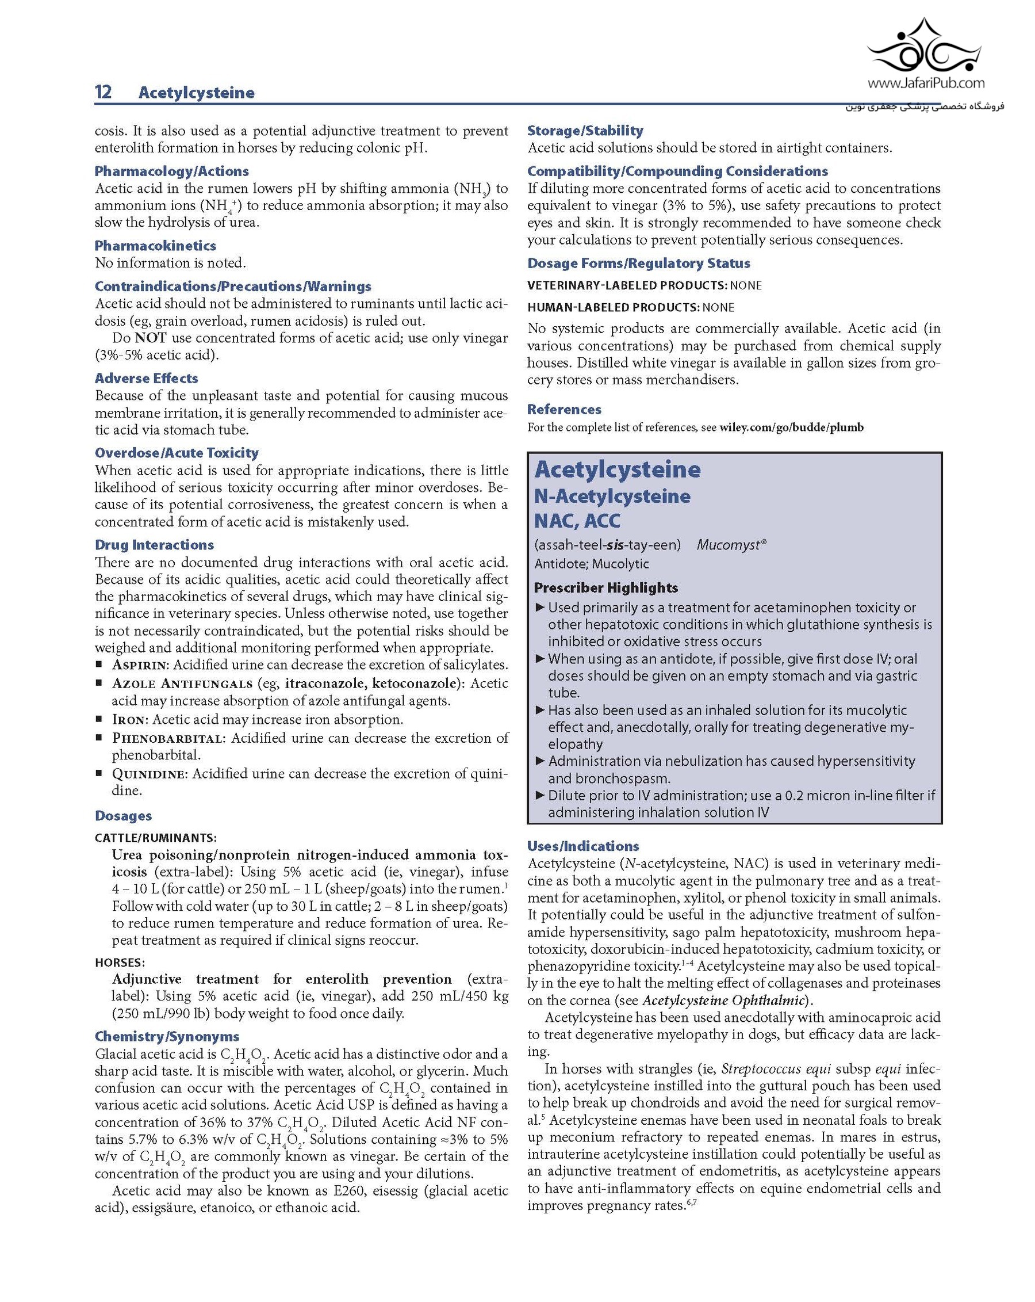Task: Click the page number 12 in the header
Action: point(103,92)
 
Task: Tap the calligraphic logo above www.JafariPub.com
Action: point(924,48)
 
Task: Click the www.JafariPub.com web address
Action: point(926,83)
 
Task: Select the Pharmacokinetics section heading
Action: point(155,246)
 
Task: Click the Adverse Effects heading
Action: point(146,379)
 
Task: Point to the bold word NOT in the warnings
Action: point(149,338)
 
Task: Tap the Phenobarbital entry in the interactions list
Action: point(168,738)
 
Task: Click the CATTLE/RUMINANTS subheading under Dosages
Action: point(156,838)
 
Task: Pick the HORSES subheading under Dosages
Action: point(120,963)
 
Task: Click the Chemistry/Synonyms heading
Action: point(167,1037)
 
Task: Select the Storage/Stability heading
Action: point(585,131)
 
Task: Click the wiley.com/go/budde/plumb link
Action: point(791,427)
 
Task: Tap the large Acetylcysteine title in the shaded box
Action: point(618,470)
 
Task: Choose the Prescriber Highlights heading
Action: point(606,587)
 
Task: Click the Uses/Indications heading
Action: point(582,846)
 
